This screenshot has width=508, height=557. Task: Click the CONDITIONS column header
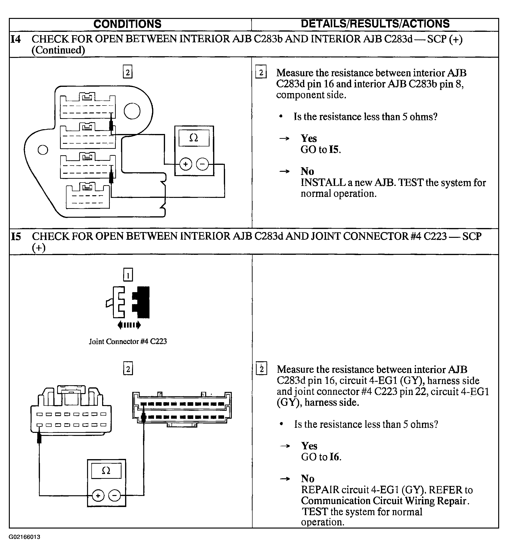coord(127,24)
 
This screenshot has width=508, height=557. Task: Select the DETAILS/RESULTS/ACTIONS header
coord(375,24)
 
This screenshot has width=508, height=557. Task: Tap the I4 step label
coord(16,39)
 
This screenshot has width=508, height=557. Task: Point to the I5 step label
coord(16,236)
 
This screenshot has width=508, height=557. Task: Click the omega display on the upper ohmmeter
coord(194,138)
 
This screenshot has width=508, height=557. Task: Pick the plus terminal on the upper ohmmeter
coord(186,164)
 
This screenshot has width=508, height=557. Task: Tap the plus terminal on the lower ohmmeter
coord(98,496)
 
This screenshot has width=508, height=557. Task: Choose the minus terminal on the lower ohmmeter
coord(114,496)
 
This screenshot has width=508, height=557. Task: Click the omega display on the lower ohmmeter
coord(106,471)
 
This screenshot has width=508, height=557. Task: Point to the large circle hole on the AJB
coord(132,111)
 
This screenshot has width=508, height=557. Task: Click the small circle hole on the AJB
coord(43,150)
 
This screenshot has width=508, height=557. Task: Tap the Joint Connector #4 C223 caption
coord(128,341)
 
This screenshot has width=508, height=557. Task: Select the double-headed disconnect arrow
coord(129,325)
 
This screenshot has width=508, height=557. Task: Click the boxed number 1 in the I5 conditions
coord(128,275)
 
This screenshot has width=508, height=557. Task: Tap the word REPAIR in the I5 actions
coord(320,490)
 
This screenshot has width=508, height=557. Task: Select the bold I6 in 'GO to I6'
coord(334,457)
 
